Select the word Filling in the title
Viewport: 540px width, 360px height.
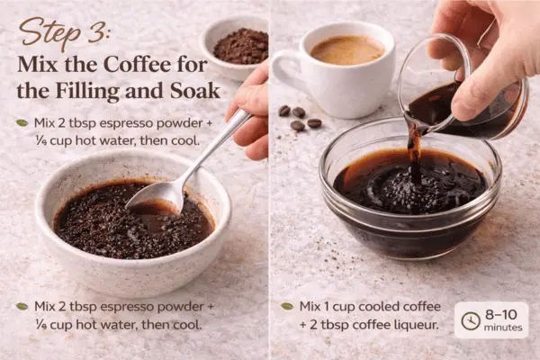[x=88, y=91]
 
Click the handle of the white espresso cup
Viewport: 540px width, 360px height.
[x=284, y=74]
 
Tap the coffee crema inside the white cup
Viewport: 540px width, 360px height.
[x=346, y=50]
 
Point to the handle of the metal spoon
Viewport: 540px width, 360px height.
[x=217, y=145]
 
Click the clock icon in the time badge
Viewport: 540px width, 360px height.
[x=471, y=321]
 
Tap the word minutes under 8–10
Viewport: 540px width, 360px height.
[x=503, y=328]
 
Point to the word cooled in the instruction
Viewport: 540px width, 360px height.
[x=359, y=306]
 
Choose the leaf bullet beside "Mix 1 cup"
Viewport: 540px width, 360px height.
[x=287, y=306]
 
